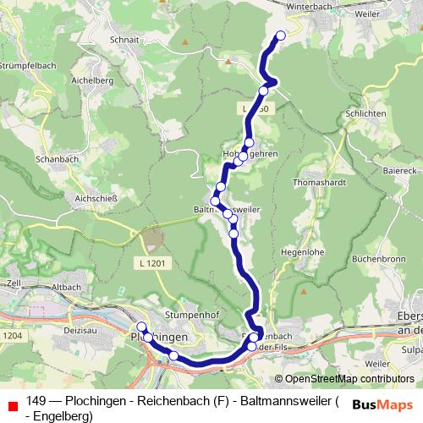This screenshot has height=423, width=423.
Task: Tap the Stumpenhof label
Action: (191, 315)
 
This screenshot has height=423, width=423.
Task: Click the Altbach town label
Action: (66, 288)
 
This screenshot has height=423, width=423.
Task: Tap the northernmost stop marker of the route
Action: (280, 36)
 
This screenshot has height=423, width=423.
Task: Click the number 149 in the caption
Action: (36, 401)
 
